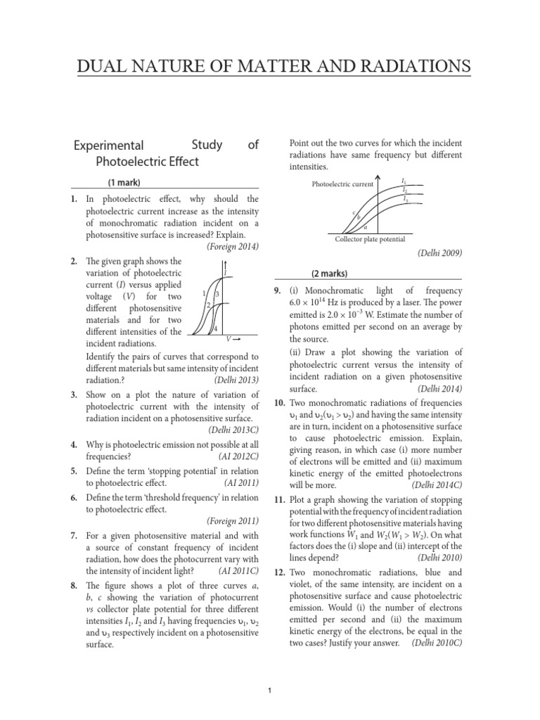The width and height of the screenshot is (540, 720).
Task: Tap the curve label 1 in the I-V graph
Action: pyautogui.click(x=203, y=292)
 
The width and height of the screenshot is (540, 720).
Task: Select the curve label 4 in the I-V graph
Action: pyautogui.click(x=215, y=329)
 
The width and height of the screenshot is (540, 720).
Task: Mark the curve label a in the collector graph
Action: pyautogui.click(x=365, y=227)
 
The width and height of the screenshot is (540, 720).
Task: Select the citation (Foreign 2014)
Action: pyautogui.click(x=233, y=246)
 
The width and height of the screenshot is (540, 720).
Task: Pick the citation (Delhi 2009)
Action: pyautogui.click(x=439, y=252)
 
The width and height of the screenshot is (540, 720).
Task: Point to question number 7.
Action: pyautogui.click(x=74, y=535)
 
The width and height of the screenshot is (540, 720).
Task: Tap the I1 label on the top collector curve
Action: pyautogui.click(x=404, y=181)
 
